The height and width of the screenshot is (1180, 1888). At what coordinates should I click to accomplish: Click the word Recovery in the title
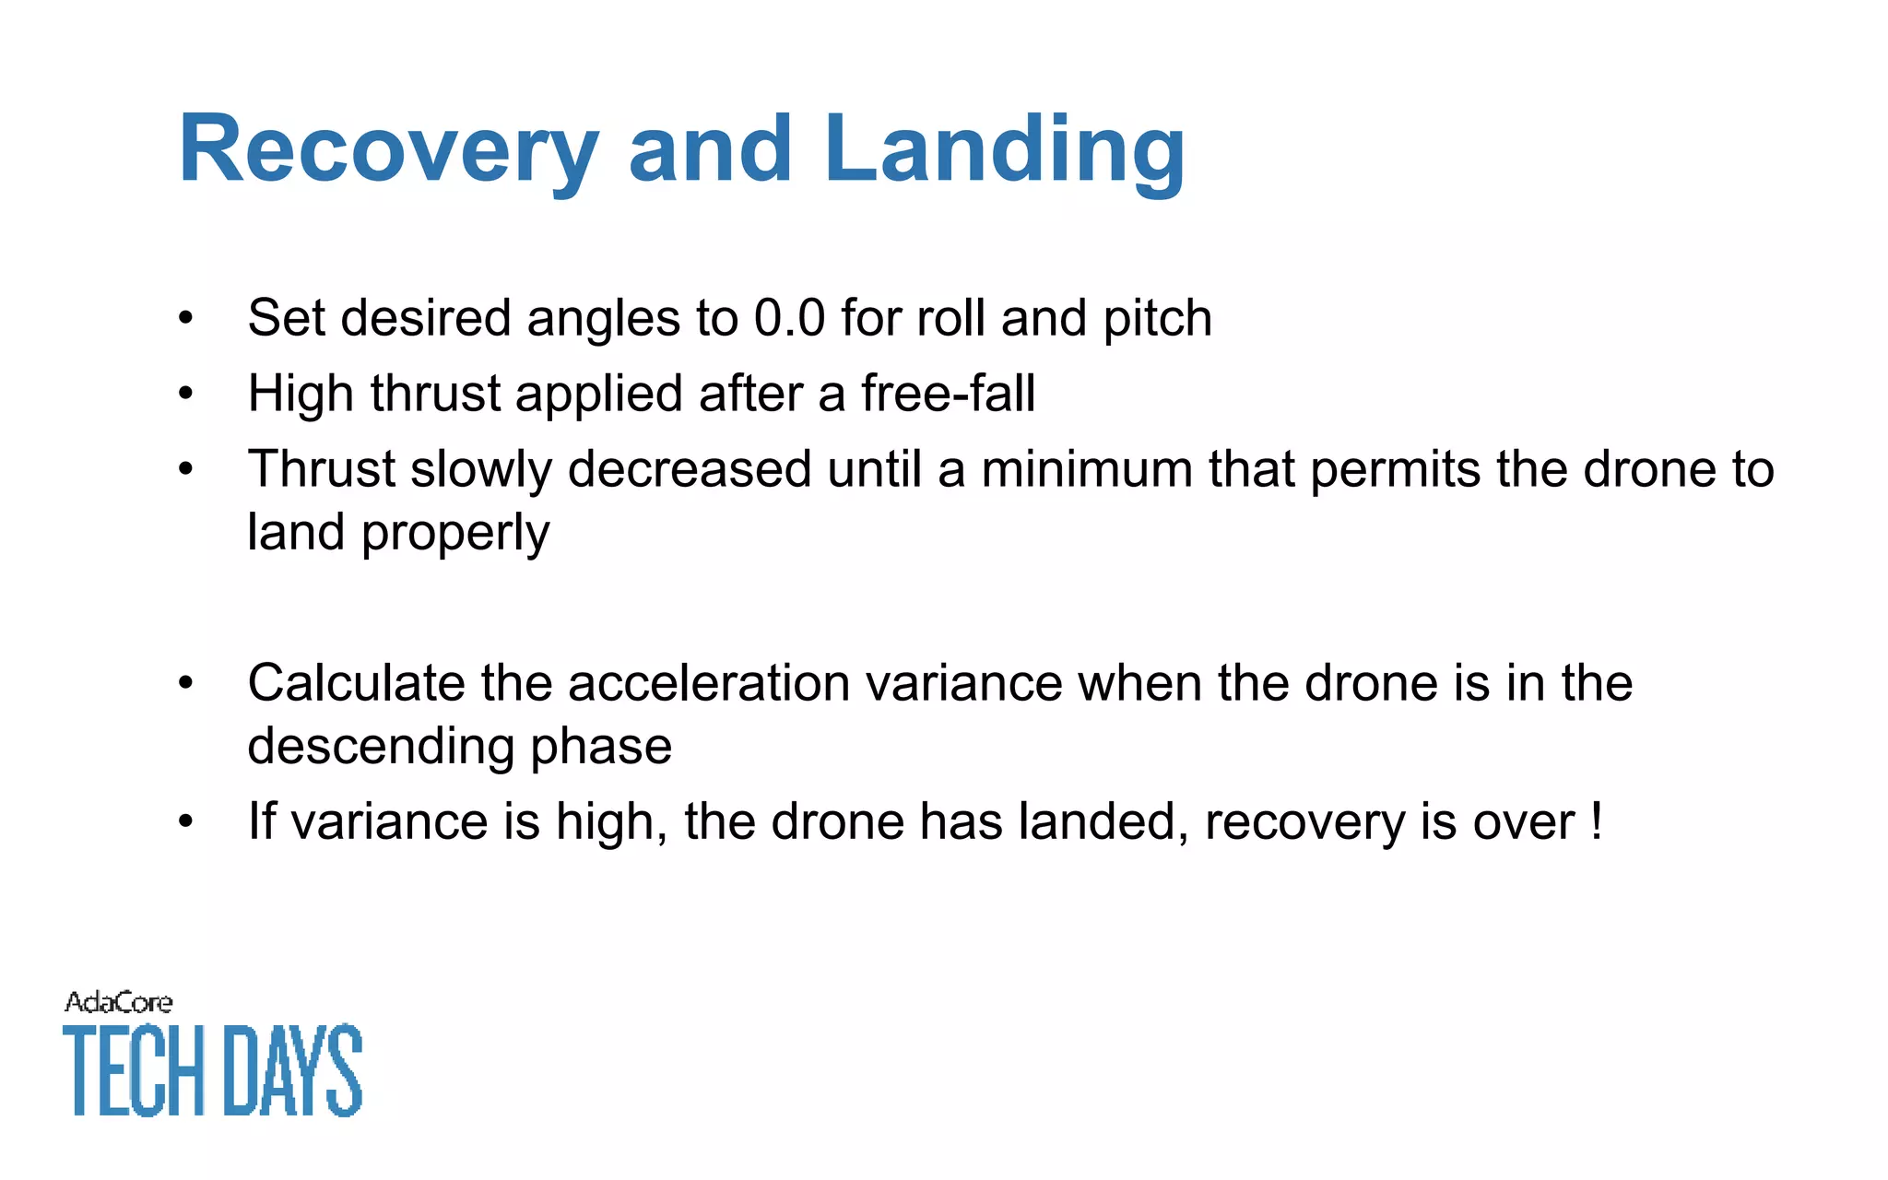coord(387,150)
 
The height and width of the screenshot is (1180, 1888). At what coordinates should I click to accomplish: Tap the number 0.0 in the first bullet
coord(789,318)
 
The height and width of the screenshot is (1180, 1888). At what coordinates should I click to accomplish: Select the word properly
coord(455,534)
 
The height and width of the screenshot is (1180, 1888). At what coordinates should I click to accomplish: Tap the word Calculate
coord(356,683)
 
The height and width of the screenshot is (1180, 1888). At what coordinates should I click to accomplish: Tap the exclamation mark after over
coord(1596,820)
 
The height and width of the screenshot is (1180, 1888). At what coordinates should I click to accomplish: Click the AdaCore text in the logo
coord(118,1003)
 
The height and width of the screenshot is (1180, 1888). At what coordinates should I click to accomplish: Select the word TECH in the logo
coord(135,1071)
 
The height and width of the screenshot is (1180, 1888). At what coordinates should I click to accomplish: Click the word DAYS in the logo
coord(293,1071)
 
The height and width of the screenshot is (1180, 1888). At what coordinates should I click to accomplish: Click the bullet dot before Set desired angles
coord(186,319)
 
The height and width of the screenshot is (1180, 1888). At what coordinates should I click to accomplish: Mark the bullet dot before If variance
coord(186,821)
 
